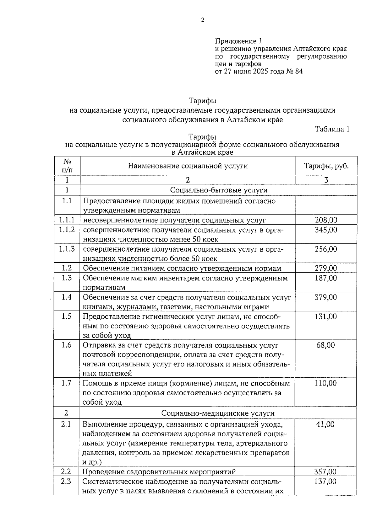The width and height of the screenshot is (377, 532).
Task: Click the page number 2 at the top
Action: click(202, 20)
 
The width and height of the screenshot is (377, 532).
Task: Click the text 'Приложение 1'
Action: click(238, 41)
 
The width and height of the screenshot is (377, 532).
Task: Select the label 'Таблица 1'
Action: click(332, 129)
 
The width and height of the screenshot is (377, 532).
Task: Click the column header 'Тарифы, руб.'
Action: click(326, 166)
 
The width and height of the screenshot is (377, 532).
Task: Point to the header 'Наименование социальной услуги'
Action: click(188, 166)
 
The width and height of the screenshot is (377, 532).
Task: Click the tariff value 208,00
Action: click(326, 220)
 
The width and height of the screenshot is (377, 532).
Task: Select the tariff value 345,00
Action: click(326, 230)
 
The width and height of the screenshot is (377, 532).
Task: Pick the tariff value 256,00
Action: click(326, 249)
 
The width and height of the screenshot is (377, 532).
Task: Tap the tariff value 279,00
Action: click(326, 268)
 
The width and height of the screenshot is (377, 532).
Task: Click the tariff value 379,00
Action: click(326, 297)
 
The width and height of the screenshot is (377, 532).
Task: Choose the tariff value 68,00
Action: click(326, 345)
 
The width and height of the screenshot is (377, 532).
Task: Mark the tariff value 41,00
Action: click(326, 424)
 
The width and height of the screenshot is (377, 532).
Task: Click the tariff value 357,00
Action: click(325, 471)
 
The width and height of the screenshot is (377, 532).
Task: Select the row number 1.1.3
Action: click(67, 249)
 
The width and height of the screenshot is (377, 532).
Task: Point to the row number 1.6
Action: click(66, 345)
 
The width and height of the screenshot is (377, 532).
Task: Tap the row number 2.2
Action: click(66, 471)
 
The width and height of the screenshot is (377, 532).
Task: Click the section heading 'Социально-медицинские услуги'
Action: click(218, 413)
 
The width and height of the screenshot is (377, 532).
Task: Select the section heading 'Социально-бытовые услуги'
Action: click(219, 190)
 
